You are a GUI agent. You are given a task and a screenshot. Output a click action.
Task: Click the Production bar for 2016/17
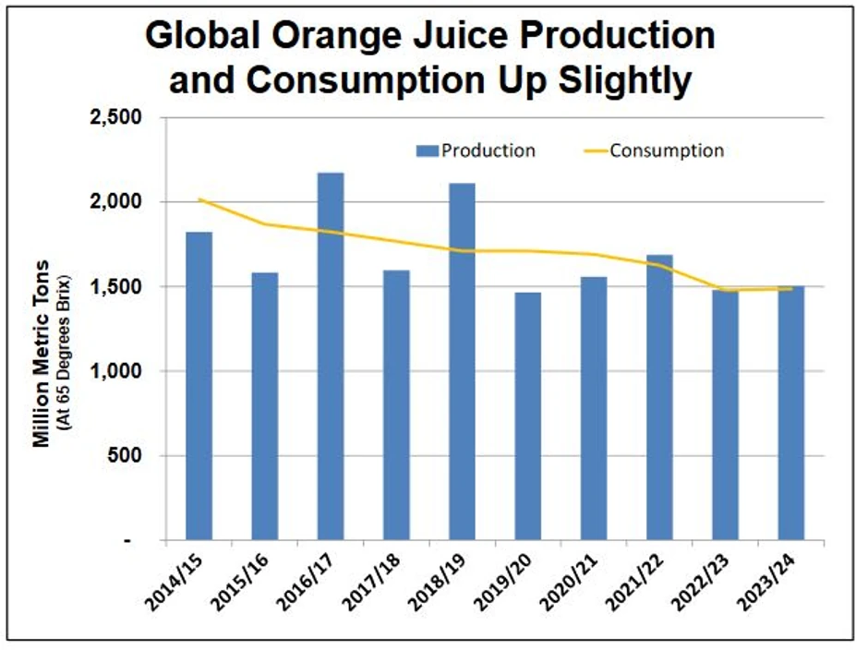pyautogui.click(x=331, y=356)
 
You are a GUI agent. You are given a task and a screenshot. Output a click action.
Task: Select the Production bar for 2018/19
pyautogui.click(x=462, y=361)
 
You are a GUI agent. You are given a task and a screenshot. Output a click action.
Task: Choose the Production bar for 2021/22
pyautogui.click(x=659, y=397)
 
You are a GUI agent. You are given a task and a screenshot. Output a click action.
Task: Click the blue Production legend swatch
pyautogui.click(x=427, y=150)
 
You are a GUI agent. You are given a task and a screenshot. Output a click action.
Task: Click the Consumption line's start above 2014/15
pyautogui.click(x=199, y=199)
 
